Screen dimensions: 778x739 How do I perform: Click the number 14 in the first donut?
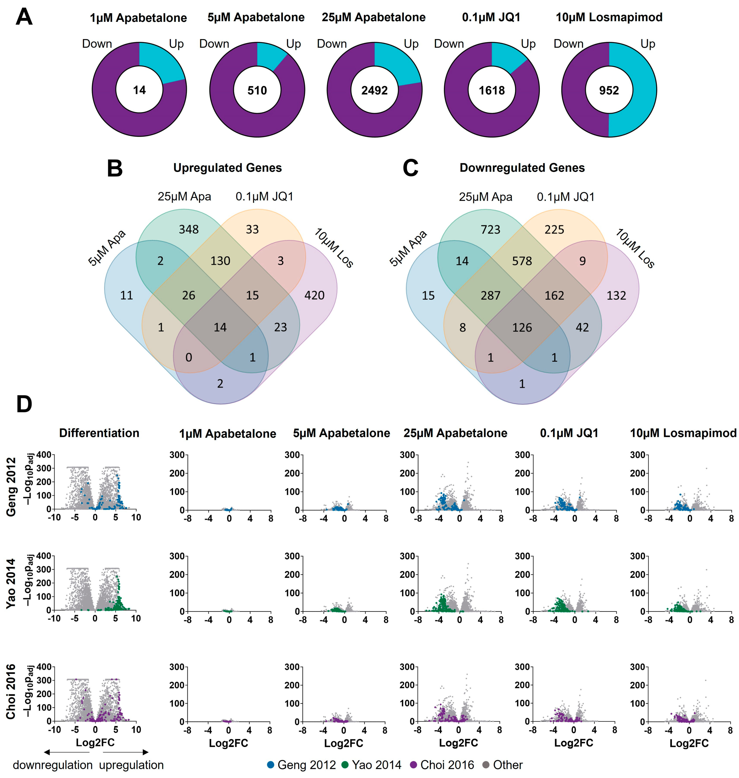tap(139, 90)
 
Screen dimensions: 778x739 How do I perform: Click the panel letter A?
tap(24, 18)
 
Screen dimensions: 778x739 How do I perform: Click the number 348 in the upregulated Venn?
tap(189, 229)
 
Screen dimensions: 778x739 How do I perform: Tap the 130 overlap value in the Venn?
tap(220, 261)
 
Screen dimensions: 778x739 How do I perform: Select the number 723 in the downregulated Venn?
tap(490, 229)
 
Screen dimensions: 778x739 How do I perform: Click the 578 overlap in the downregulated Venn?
tap(522, 261)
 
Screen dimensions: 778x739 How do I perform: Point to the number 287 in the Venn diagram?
tap(490, 295)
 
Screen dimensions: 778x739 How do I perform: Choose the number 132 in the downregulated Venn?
tap(616, 295)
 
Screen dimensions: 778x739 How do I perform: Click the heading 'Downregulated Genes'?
tap(522, 168)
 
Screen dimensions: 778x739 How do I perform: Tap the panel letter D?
tap(24, 404)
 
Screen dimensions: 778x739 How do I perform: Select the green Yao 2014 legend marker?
tap(345, 765)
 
